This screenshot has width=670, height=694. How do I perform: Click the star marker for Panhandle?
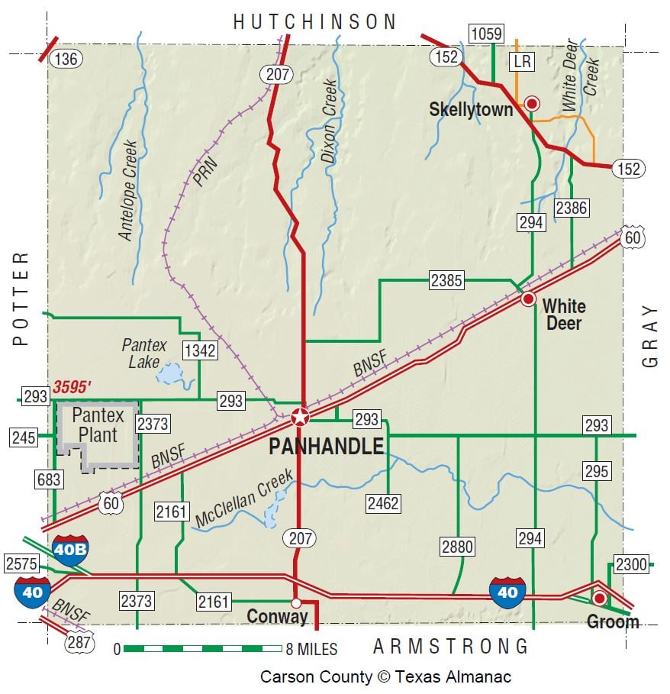click(x=300, y=417)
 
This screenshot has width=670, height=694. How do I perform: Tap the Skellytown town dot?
click(x=533, y=103)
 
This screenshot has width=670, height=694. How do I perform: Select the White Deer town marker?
click(x=528, y=299)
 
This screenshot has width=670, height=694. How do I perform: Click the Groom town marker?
click(x=600, y=598)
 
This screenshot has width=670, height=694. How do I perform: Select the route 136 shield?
click(x=66, y=58)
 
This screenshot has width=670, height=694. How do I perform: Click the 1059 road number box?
click(x=486, y=34)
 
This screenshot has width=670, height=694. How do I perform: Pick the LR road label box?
click(x=523, y=61)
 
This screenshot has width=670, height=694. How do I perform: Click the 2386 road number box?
click(x=571, y=207)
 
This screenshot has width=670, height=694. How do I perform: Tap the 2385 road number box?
click(x=446, y=280)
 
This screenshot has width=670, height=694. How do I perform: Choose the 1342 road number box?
click(x=200, y=350)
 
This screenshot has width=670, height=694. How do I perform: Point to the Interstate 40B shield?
click(x=70, y=550)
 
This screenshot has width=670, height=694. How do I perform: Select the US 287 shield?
click(x=79, y=641)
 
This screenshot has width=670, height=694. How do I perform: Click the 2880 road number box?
click(x=458, y=546)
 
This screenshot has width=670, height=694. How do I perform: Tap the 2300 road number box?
click(x=631, y=564)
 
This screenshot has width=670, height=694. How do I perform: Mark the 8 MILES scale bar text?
click(x=311, y=650)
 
